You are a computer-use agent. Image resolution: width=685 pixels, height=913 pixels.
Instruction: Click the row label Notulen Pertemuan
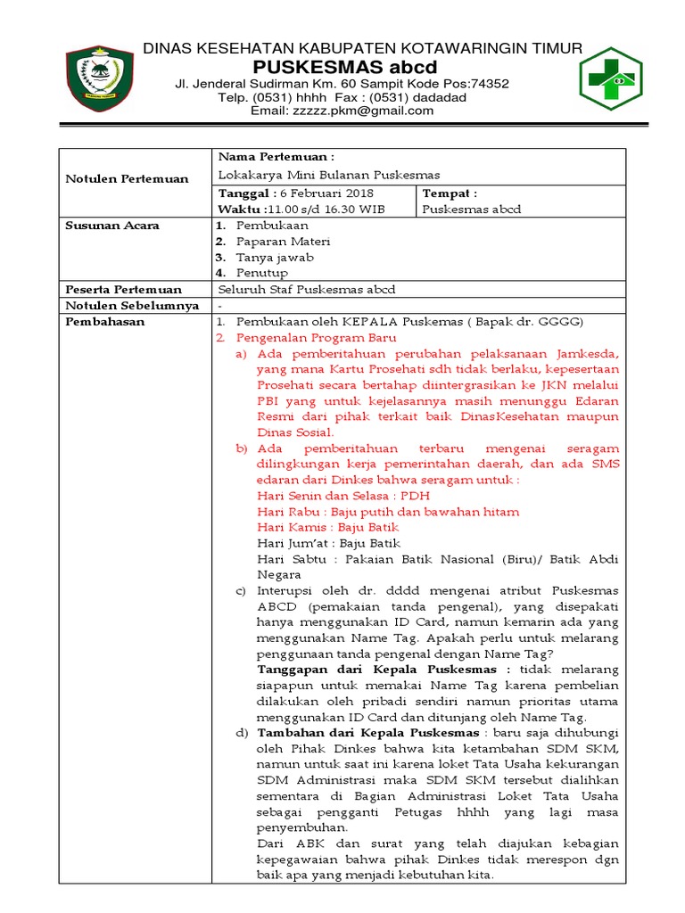[128, 178]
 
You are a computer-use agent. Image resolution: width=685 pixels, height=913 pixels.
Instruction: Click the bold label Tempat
[449, 193]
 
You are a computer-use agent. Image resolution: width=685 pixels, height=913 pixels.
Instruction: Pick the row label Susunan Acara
[112, 226]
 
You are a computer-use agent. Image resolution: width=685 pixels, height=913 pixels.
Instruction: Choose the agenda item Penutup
[261, 274]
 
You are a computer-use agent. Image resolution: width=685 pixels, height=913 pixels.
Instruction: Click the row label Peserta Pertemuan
[124, 290]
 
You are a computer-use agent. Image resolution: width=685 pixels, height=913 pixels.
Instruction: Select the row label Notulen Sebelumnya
[132, 306]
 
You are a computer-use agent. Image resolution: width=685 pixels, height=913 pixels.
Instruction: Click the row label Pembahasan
[105, 322]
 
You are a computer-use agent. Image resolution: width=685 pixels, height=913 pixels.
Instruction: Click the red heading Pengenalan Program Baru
[316, 339]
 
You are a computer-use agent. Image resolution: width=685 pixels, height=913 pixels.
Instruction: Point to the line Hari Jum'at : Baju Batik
[328, 543]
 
